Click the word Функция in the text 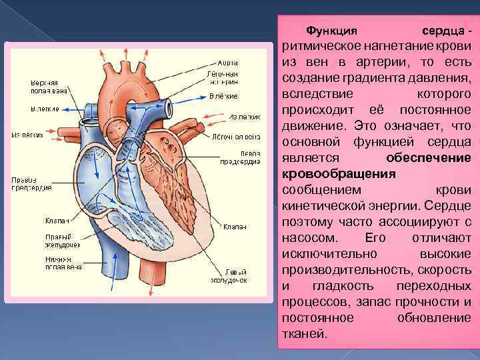[x=331, y=31]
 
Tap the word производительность [x=343, y=269]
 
